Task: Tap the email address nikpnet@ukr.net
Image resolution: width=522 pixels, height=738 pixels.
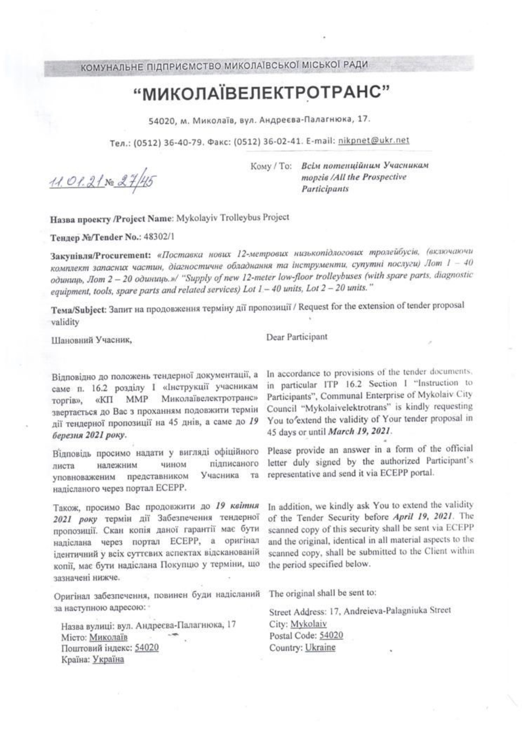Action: pos(374,140)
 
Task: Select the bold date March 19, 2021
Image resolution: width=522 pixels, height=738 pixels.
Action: pos(359,430)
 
